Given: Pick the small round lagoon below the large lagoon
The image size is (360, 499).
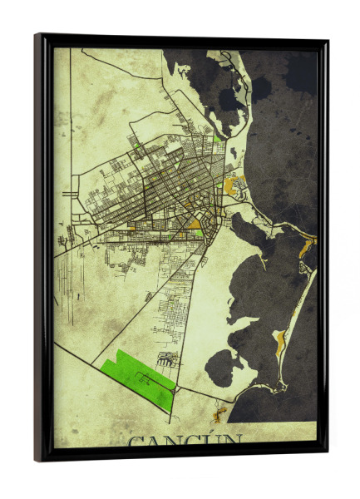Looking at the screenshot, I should (x=219, y=367).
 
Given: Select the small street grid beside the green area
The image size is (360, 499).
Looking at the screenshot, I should (x=168, y=359).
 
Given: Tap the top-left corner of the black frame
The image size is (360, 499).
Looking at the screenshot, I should (x=37, y=36).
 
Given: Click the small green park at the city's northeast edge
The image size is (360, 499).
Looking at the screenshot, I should (x=217, y=138).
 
